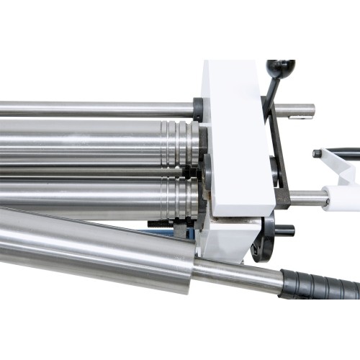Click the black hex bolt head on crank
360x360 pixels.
point(318,153)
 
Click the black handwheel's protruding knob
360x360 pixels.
point(283,230)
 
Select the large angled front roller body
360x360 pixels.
point(94,248)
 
